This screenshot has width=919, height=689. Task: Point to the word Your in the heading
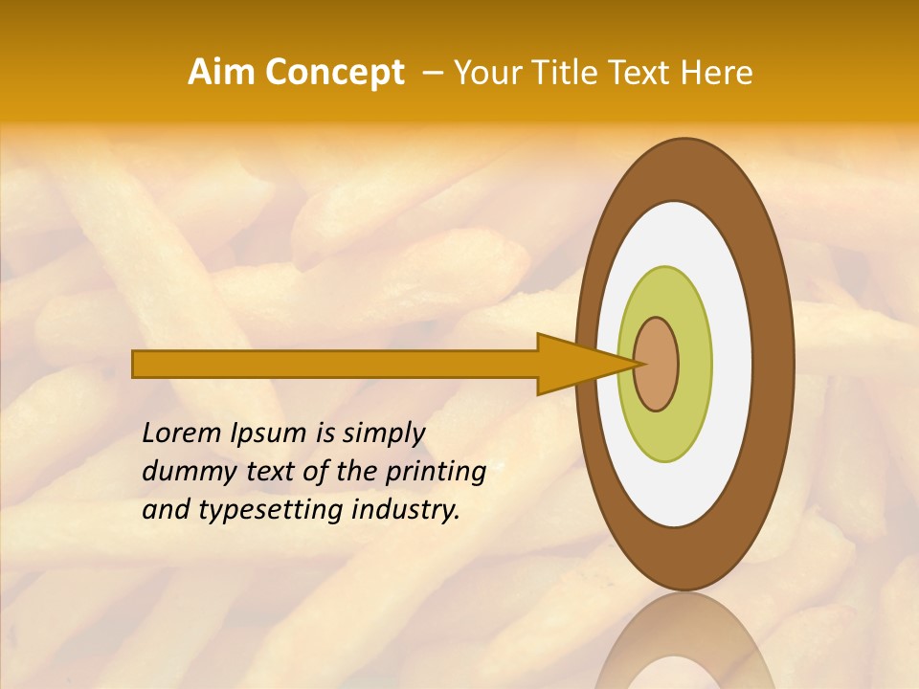[x=483, y=73]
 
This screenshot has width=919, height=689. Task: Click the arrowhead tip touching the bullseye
[x=636, y=364]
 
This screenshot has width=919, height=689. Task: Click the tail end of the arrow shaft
[x=136, y=364]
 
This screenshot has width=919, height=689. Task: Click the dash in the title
[x=432, y=73]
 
